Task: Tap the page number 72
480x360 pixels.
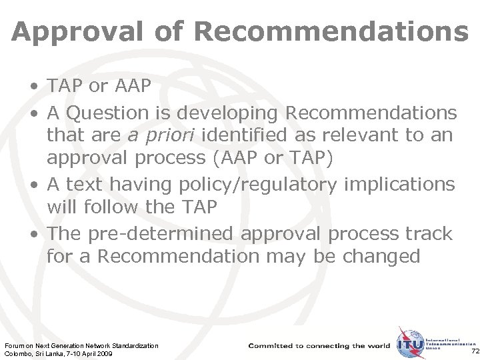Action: tap(474, 351)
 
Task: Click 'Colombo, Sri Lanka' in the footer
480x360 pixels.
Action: tap(31, 354)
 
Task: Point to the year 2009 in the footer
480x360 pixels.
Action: tap(103, 354)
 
